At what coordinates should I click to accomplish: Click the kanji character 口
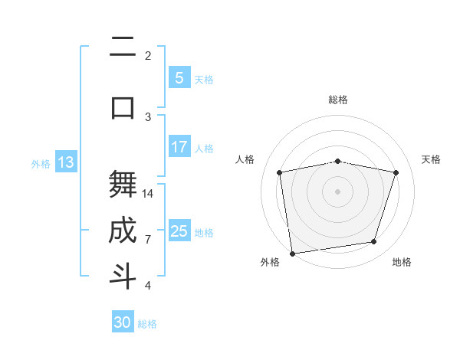(123, 106)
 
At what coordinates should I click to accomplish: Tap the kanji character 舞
(123, 185)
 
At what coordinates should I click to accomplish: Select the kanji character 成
(123, 231)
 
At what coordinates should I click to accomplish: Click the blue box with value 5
(179, 78)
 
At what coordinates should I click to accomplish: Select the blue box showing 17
(179, 147)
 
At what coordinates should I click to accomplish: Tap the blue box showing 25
(179, 231)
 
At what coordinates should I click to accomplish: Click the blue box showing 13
(65, 162)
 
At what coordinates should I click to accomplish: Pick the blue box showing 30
(123, 322)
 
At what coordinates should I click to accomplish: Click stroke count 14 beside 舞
(148, 193)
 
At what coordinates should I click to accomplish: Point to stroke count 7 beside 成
(148, 240)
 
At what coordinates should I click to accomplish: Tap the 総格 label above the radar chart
(337, 100)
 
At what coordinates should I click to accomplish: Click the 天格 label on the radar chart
(431, 159)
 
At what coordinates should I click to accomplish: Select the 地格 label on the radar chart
(402, 262)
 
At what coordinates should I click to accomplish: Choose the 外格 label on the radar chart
(270, 262)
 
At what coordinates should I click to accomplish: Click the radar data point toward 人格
(280, 172)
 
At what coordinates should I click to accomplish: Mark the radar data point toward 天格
(396, 172)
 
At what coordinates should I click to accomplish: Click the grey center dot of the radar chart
(337, 191)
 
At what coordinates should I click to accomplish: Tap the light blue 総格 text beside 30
(147, 324)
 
